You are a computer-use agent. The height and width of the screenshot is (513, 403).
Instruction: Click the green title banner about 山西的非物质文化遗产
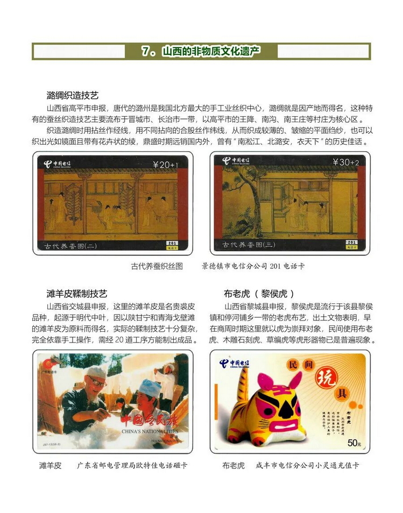coord(201,51)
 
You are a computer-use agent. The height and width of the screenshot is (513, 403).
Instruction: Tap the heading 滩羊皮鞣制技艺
coord(76,294)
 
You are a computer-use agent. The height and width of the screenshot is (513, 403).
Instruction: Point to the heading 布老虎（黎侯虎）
coord(259,294)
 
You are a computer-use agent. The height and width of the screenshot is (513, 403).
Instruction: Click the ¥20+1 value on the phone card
coord(165,165)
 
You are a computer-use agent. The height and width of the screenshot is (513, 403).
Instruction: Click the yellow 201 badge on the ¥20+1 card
coord(172,244)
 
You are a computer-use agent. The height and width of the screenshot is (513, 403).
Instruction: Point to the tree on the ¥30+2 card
coord(241,194)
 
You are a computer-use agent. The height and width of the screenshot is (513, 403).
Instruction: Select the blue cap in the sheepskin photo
coord(149,387)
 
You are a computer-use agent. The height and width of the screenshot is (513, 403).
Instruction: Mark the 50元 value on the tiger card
coord(353,443)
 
